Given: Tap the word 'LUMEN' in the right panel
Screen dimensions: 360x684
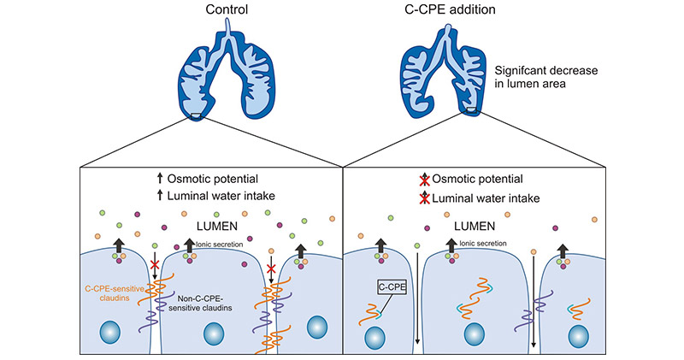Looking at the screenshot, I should [x=473, y=227].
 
